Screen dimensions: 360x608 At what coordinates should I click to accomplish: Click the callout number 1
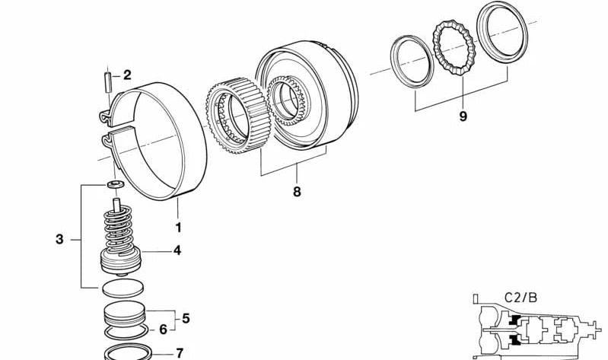pos(179,227)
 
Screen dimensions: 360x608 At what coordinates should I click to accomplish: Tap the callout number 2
pos(127,75)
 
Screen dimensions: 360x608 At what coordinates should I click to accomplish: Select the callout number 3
pos(59,240)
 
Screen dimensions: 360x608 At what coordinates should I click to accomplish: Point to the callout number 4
pos(177,250)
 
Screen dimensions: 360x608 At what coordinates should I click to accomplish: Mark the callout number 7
pos(179,353)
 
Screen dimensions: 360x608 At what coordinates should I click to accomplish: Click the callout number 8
pos(296,192)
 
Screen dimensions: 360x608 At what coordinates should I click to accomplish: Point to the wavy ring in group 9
pos(454,54)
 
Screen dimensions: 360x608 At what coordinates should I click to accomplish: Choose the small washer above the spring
pos(116,186)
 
